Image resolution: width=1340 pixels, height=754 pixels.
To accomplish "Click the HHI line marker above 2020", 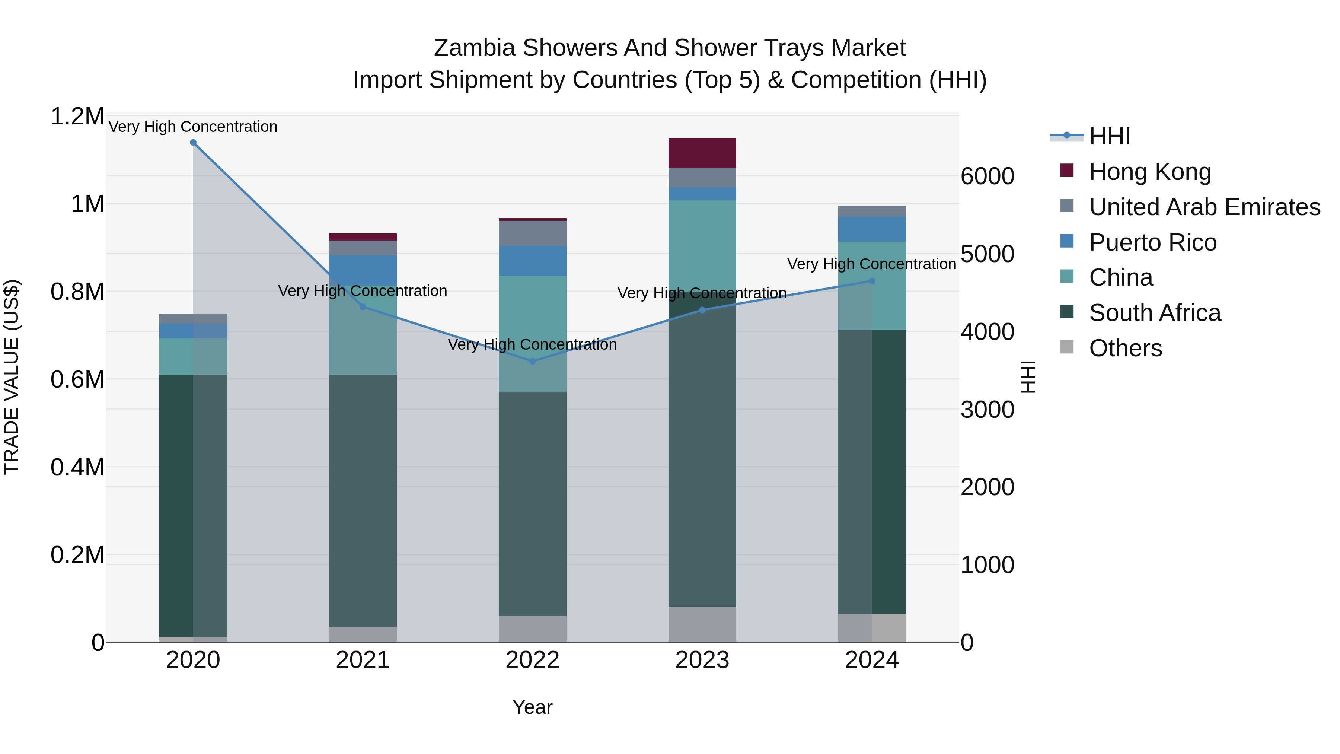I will [x=193, y=143].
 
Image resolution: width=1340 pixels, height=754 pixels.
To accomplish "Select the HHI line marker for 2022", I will [x=532, y=361].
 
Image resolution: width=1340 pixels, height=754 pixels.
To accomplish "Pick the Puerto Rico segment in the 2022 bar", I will [x=532, y=261].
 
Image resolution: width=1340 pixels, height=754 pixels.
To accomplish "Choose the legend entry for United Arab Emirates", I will [x=1204, y=207].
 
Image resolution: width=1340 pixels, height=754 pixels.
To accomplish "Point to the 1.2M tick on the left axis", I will [x=77, y=117].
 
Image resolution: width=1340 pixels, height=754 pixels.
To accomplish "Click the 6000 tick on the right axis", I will [x=987, y=176].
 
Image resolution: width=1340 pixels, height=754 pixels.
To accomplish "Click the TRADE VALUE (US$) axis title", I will [x=12, y=377].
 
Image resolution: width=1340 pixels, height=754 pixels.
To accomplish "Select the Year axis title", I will [x=532, y=707].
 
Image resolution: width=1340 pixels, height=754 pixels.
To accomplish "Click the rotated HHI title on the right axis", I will [x=1028, y=377].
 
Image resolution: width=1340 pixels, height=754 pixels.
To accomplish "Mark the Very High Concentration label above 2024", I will [x=871, y=264].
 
